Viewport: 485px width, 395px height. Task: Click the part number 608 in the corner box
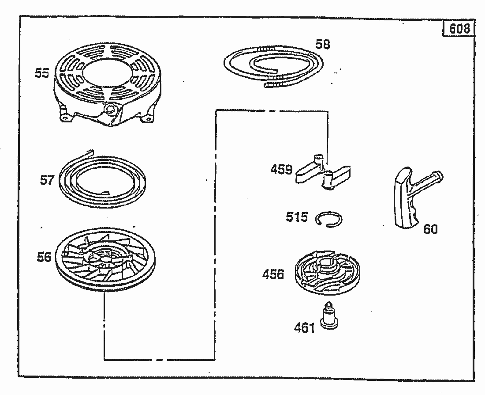pos(459,29)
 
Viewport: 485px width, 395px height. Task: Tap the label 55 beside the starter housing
pos(42,73)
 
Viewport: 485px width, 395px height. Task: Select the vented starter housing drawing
pos(107,85)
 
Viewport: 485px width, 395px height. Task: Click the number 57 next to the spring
pos(47,180)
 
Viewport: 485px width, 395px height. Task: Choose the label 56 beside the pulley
pos(44,257)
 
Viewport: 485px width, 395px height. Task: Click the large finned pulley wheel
pos(105,260)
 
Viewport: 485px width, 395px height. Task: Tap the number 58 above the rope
pos(323,44)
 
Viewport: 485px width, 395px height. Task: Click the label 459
pos(281,170)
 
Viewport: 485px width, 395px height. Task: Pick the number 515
pos(297,217)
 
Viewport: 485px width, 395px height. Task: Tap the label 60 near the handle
pos(430,229)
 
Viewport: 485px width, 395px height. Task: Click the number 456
pos(273,274)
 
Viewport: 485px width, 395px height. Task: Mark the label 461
pos(304,328)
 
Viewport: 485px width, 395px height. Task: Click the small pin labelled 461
pos(329,315)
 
